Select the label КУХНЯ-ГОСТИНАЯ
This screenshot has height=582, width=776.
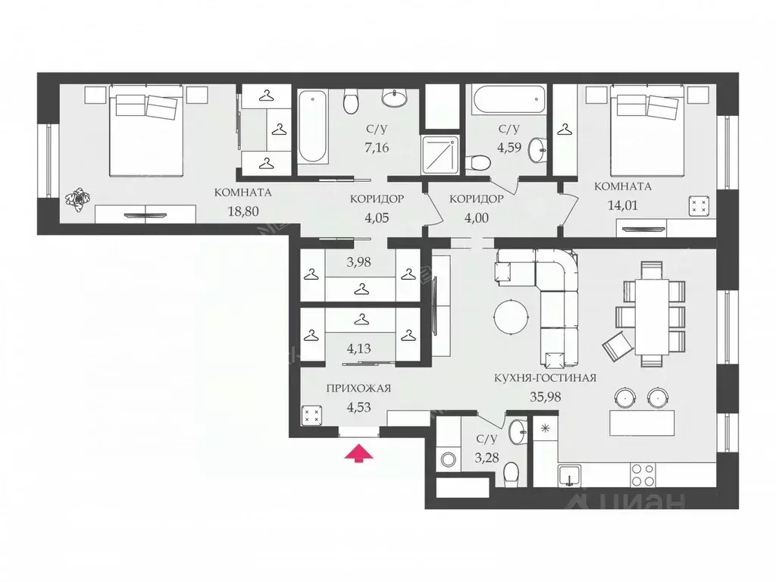546,377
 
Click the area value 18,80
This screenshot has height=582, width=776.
243,211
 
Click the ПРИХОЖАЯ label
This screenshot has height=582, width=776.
358,389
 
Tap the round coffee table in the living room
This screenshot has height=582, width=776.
512,317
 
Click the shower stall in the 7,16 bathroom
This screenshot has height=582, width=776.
442,152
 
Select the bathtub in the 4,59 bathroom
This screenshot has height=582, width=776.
508,99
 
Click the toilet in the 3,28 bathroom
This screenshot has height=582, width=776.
511,473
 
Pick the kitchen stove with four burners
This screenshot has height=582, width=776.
643,475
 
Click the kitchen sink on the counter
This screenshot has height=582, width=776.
569,475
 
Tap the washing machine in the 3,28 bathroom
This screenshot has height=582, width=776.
448,459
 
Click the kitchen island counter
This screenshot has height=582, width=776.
640,421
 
